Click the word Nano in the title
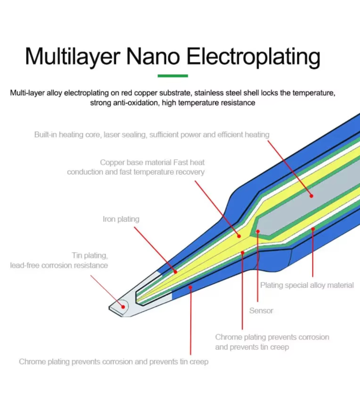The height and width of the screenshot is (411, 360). click(x=153, y=56)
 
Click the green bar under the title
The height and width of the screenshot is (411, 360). click(x=173, y=76)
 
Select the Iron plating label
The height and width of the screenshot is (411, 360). click(x=121, y=219)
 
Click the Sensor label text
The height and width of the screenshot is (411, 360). click(x=261, y=311)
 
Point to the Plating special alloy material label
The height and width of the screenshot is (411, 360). click(x=307, y=285)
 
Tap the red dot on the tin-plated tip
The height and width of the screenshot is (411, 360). click(x=123, y=307)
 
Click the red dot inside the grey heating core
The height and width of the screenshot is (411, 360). click(x=311, y=196)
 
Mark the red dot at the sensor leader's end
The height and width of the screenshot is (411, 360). click(x=258, y=232)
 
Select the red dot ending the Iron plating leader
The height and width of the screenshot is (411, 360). click(x=175, y=272)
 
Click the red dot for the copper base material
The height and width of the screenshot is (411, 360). click(x=239, y=236)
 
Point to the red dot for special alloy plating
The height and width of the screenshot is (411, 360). click(x=313, y=229)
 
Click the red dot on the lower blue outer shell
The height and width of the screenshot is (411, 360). click(x=190, y=288)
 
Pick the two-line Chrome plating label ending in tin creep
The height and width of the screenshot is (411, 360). click(x=272, y=342)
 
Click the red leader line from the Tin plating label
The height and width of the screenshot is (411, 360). click(x=107, y=291)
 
